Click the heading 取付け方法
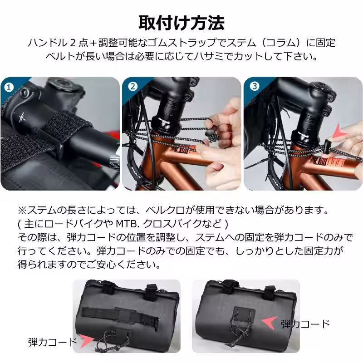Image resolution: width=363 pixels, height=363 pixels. (x=181, y=22)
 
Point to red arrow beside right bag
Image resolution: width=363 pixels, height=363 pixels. (x=270, y=323)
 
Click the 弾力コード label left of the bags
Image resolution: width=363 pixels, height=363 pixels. (x=52, y=342)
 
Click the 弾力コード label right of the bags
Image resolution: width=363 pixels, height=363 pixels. (x=305, y=324)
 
